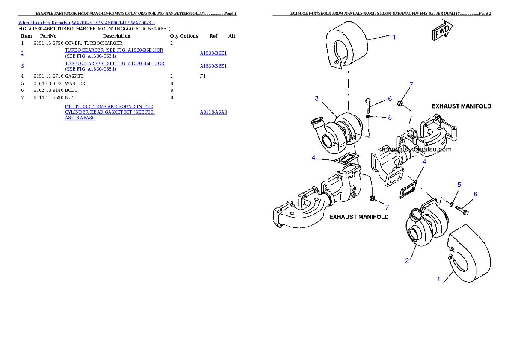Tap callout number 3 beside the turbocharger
coord(317,99)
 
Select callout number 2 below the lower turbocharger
coord(407,260)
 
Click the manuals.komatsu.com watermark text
coord(417,149)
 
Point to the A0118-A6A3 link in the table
coord(213,112)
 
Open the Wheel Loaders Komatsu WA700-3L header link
coord(86,22)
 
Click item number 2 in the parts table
coord(22,53)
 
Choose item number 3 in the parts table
coord(22,66)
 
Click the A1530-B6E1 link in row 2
coord(213,53)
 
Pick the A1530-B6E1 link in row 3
coord(213,66)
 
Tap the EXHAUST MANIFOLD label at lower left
coord(359,217)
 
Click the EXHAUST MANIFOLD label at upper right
coord(461,106)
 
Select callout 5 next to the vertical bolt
coord(390,117)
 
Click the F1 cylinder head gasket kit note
coord(109,112)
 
